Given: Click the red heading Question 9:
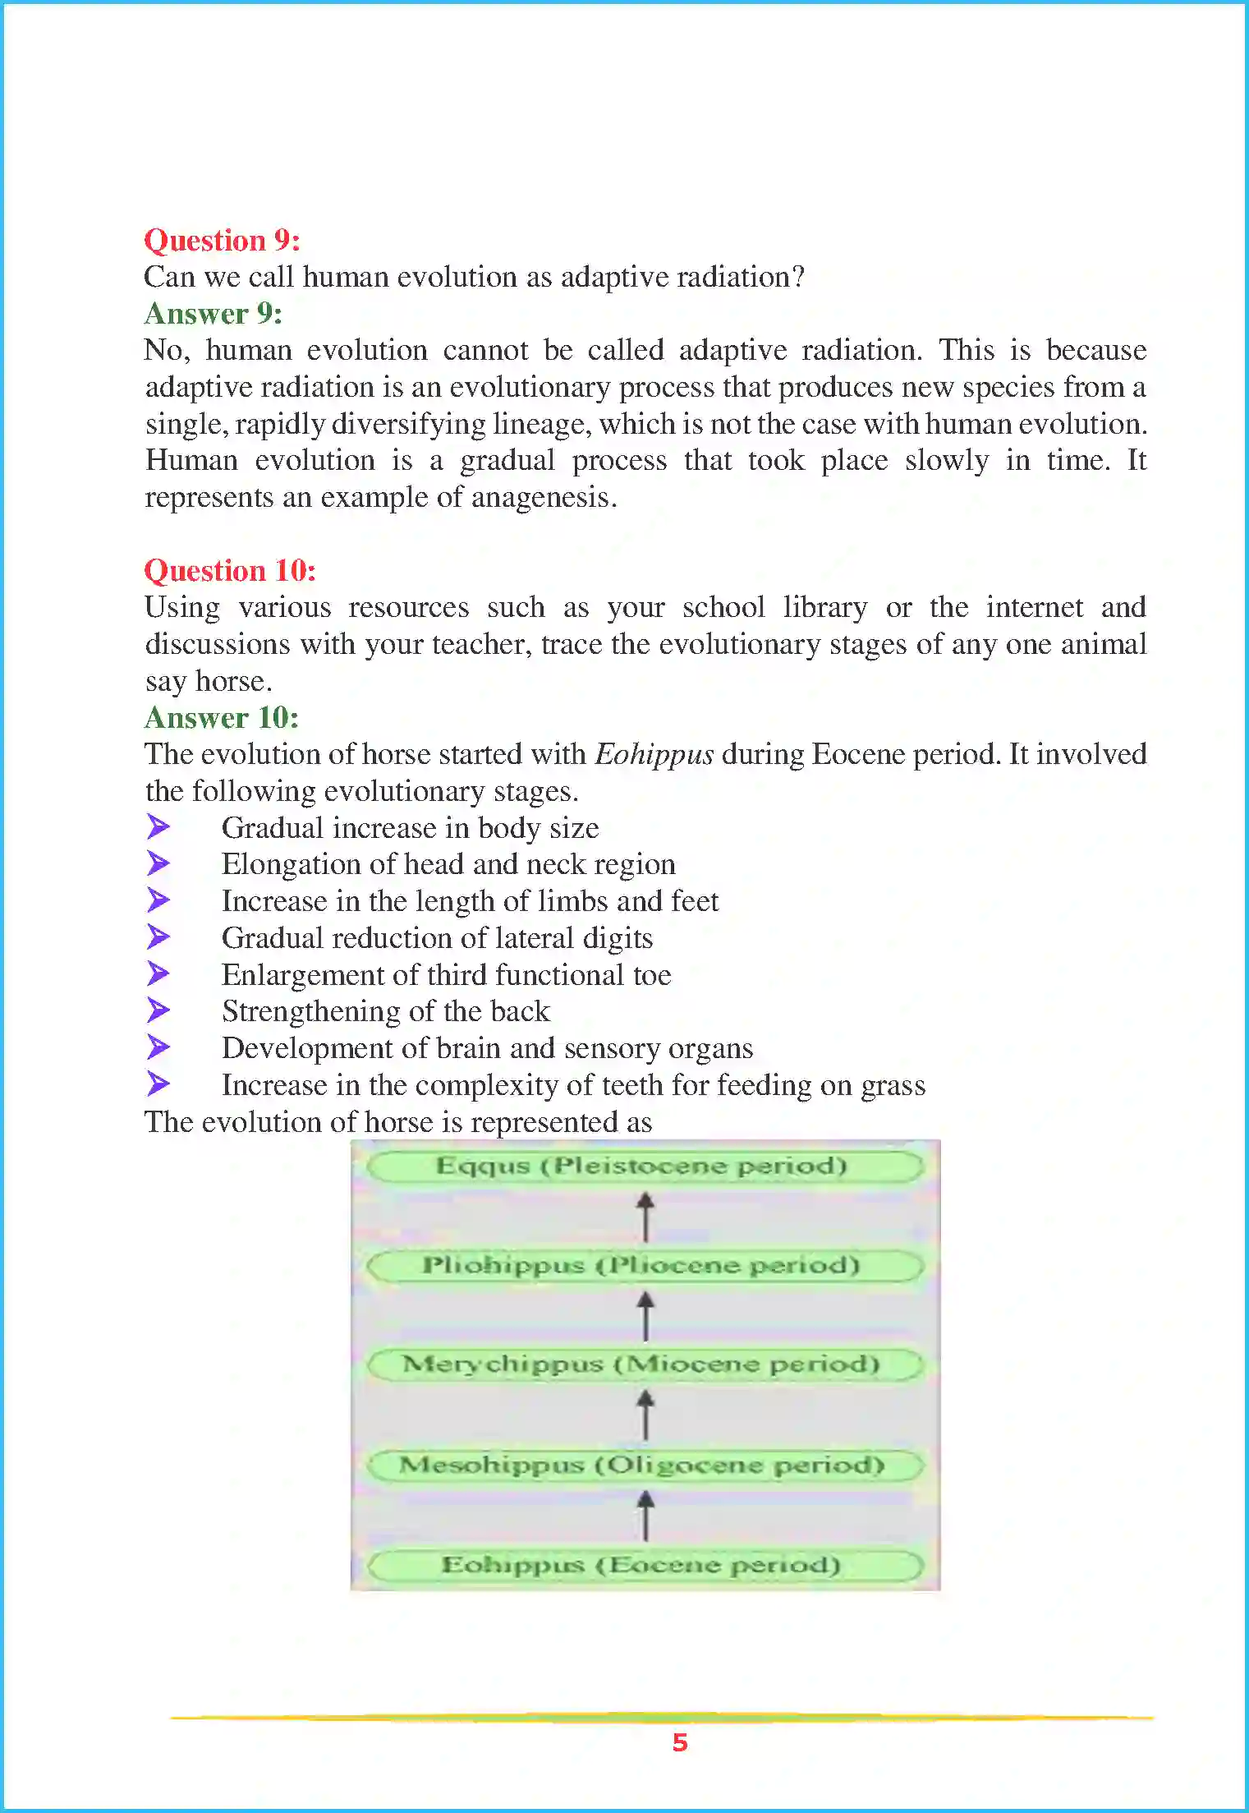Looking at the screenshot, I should tap(222, 240).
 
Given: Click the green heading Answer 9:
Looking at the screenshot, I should tap(213, 313).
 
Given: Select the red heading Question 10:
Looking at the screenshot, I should tap(230, 570).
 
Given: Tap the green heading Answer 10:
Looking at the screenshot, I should tap(221, 717).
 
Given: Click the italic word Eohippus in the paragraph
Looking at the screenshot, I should tap(654, 754).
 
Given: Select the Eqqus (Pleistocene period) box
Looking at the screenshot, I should tap(645, 1166).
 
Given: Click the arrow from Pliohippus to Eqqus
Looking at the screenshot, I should tap(645, 1217).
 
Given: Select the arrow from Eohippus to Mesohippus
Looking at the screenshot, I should tap(645, 1515).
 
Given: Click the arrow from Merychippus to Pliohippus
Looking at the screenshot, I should tap(645, 1315).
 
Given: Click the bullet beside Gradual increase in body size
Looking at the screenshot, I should tap(158, 826).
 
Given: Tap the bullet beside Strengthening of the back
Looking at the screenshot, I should tap(158, 1010).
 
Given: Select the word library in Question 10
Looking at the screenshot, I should tap(824, 607).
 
